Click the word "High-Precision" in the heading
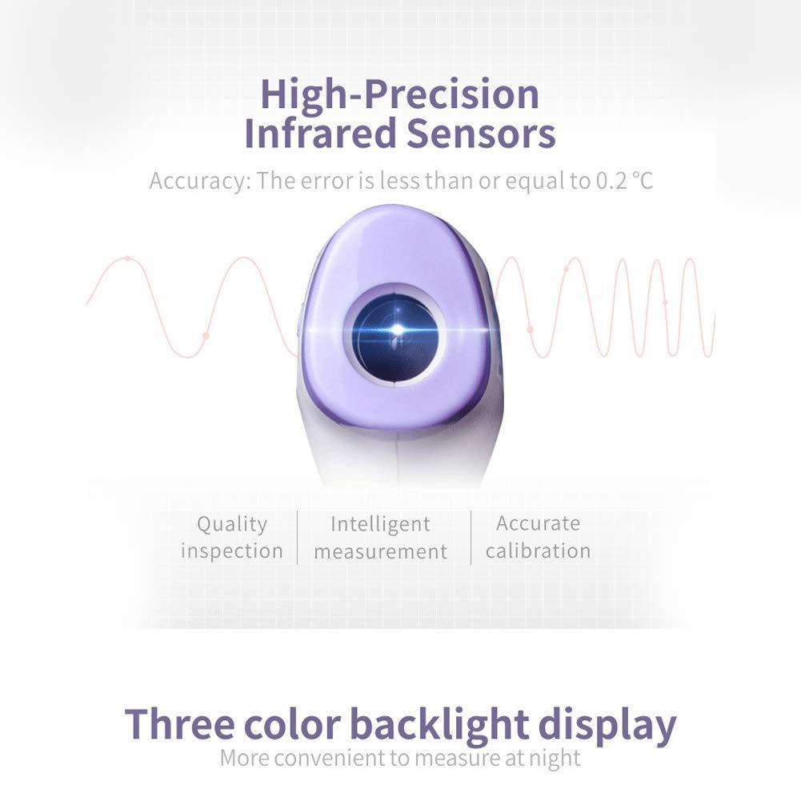399,95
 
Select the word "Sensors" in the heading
480,134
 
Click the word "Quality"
232,524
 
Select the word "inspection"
232,551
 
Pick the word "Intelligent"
380,524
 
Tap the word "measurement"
380,551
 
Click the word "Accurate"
538,523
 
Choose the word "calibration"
538,551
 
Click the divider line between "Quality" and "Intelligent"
298,537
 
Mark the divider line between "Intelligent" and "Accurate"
471,537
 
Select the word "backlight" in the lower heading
439,724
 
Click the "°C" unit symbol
642,181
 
